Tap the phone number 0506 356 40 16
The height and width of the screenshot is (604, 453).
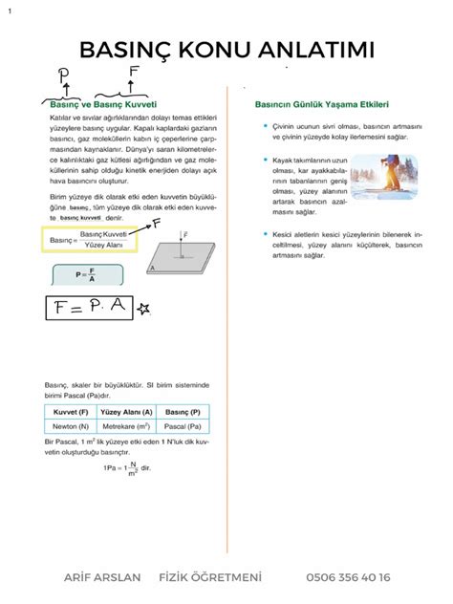click(348, 577)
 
